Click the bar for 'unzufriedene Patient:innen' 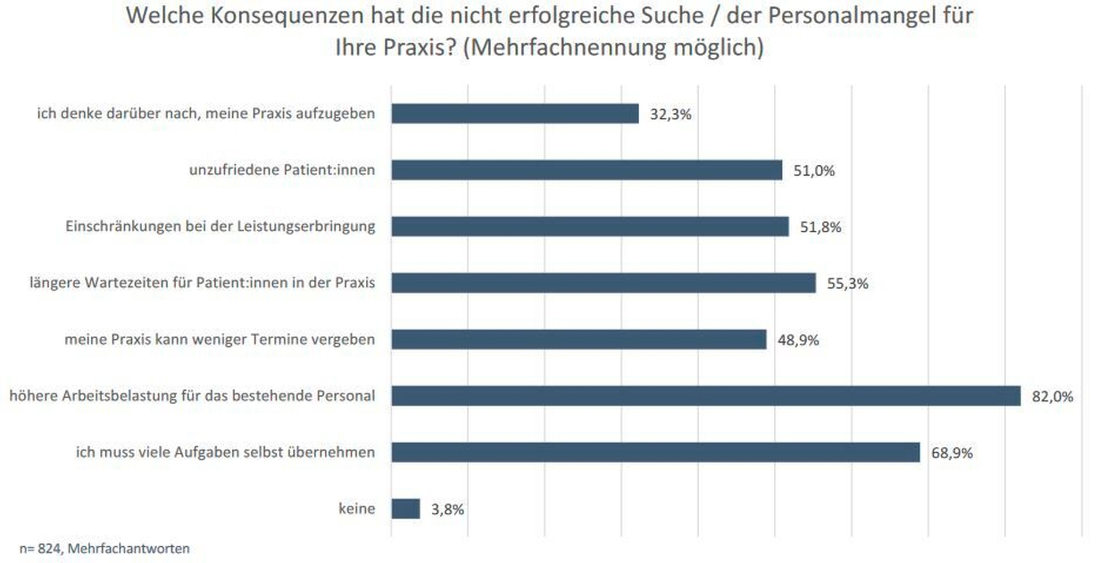(x=587, y=170)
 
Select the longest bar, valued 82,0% (x=706, y=396)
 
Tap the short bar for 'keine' (x=406, y=509)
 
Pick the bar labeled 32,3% (x=515, y=113)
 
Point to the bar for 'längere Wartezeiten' (x=603, y=283)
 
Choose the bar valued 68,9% (x=655, y=452)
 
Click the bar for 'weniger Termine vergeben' (x=578, y=339)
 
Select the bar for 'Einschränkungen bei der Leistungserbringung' (x=590, y=227)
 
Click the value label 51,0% (x=814, y=171)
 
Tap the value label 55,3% (x=847, y=283)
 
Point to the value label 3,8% (x=447, y=509)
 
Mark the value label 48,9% (x=798, y=340)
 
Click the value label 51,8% (x=820, y=227)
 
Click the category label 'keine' (x=357, y=509)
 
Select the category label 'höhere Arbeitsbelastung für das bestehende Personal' (x=192, y=396)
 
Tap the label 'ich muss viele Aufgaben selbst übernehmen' (x=225, y=452)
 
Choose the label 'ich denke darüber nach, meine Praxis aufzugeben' (x=206, y=113)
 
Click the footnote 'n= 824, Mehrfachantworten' (x=105, y=549)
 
